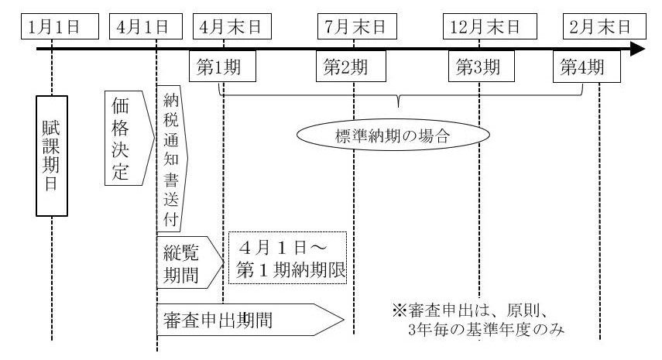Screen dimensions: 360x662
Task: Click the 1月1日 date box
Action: coord(53,26)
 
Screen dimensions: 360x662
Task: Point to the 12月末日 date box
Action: coord(479,26)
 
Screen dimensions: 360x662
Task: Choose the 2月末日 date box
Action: coord(600,26)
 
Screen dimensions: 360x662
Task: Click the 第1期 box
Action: coord(218,67)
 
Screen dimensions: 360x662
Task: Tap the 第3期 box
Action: coord(475,67)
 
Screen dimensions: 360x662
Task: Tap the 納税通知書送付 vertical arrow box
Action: coord(171,159)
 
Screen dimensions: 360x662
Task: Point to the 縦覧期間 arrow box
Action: coord(187,262)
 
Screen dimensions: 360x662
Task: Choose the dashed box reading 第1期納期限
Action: coord(286,261)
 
